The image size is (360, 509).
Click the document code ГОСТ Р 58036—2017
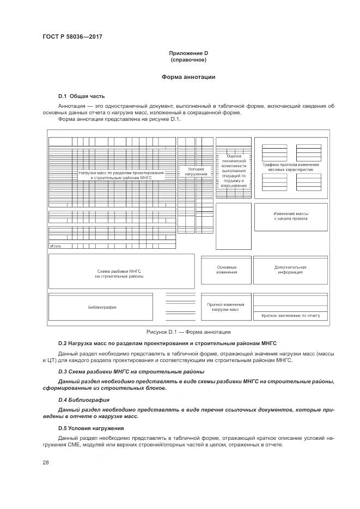pyautogui.click(x=72, y=36)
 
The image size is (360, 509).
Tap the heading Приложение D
pyautogui.click(x=188, y=53)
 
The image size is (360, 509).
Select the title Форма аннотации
pyautogui.click(x=188, y=77)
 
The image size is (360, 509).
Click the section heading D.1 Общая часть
pyautogui.click(x=81, y=96)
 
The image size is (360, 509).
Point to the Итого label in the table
pyautogui.click(x=56, y=246)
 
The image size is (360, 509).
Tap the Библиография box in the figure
pyautogui.click(x=102, y=307)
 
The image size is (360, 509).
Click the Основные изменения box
pyautogui.click(x=226, y=269)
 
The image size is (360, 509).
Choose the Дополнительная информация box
pyautogui.click(x=290, y=269)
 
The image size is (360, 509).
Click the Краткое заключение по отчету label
pyautogui.click(x=290, y=315)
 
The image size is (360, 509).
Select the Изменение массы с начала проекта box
pyautogui.click(x=290, y=216)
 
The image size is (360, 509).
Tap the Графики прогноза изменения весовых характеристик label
pyautogui.click(x=290, y=167)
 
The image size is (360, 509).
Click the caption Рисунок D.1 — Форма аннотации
pyautogui.click(x=188, y=332)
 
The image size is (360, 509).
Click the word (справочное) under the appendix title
pyautogui.click(x=188, y=59)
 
